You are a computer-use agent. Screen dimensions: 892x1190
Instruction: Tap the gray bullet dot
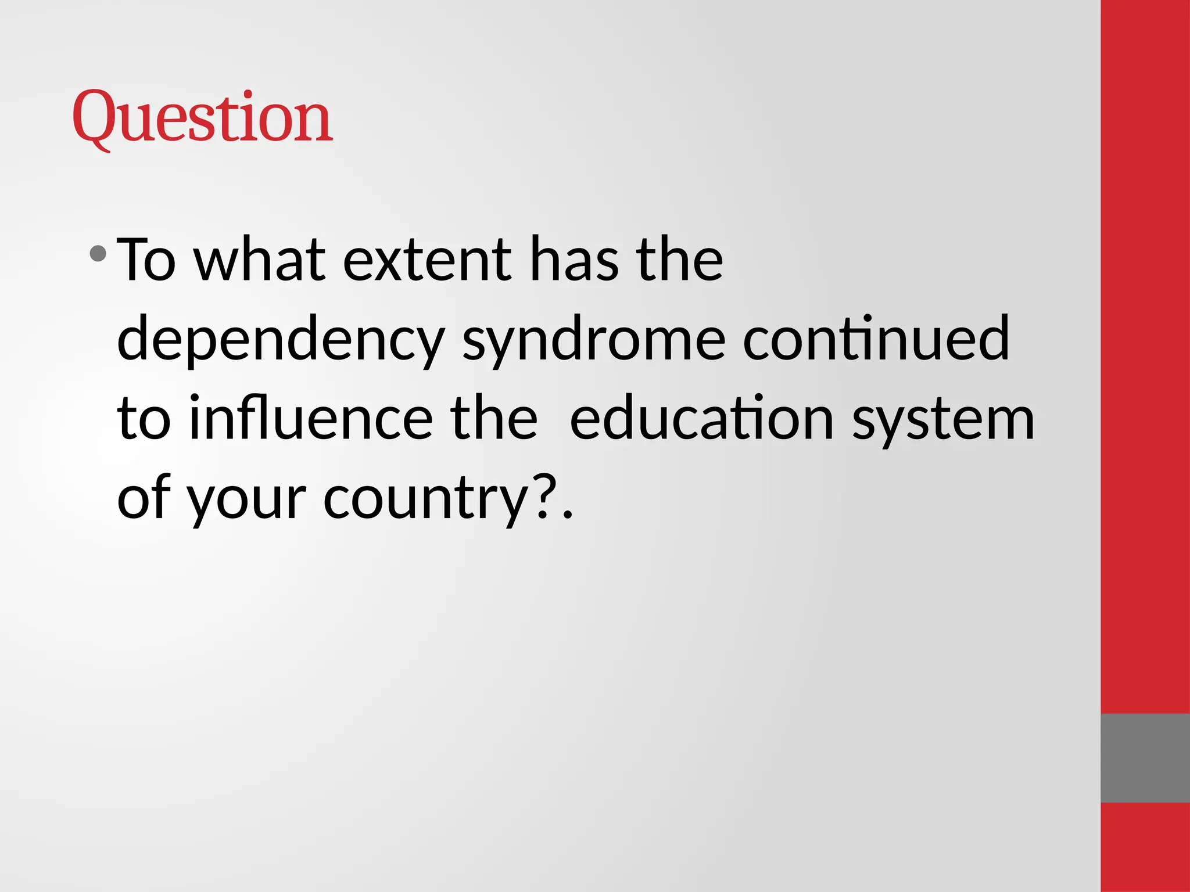pyautogui.click(x=98, y=253)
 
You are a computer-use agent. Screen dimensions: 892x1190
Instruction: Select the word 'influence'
pyautogui.click(x=311, y=418)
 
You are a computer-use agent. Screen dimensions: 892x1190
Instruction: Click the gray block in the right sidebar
pyautogui.click(x=1145, y=758)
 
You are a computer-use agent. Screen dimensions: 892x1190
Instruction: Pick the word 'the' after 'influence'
pyautogui.click(x=493, y=418)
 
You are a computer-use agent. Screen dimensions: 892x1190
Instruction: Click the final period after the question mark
pyautogui.click(x=568, y=515)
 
